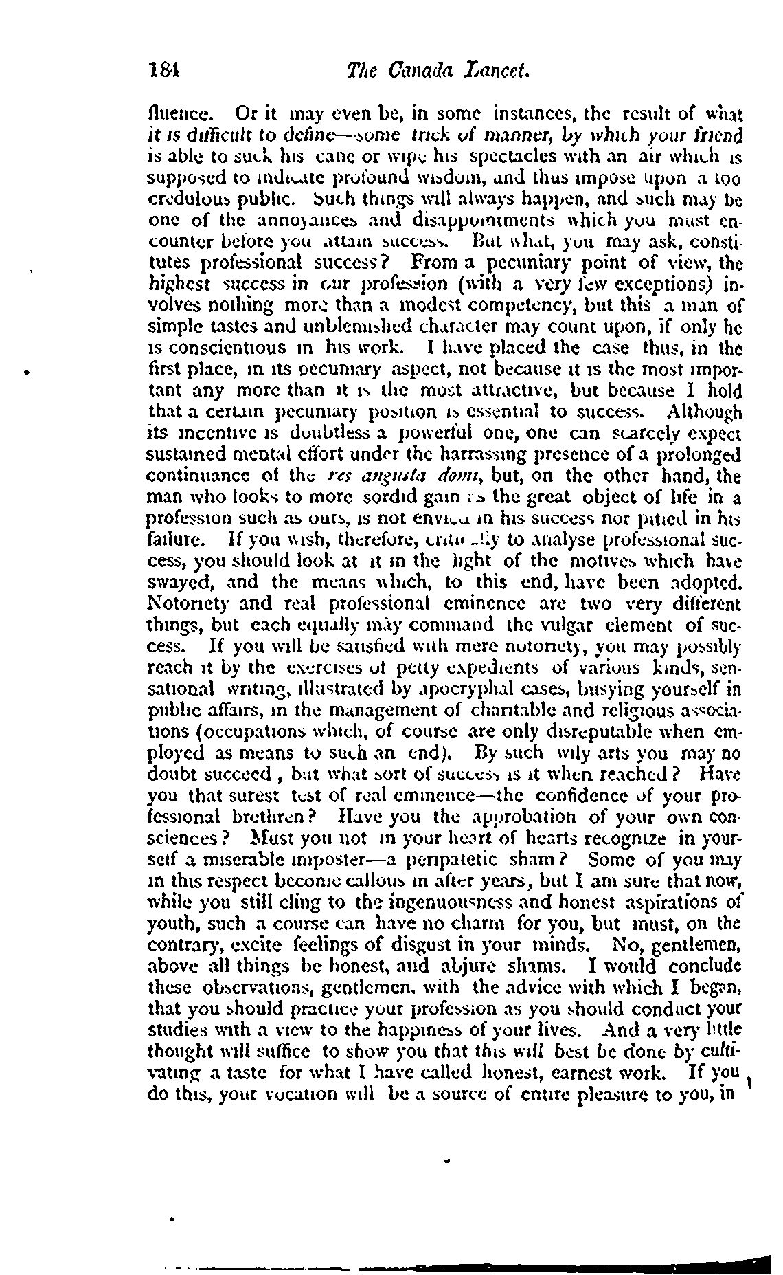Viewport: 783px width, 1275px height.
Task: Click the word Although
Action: pos(705,413)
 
